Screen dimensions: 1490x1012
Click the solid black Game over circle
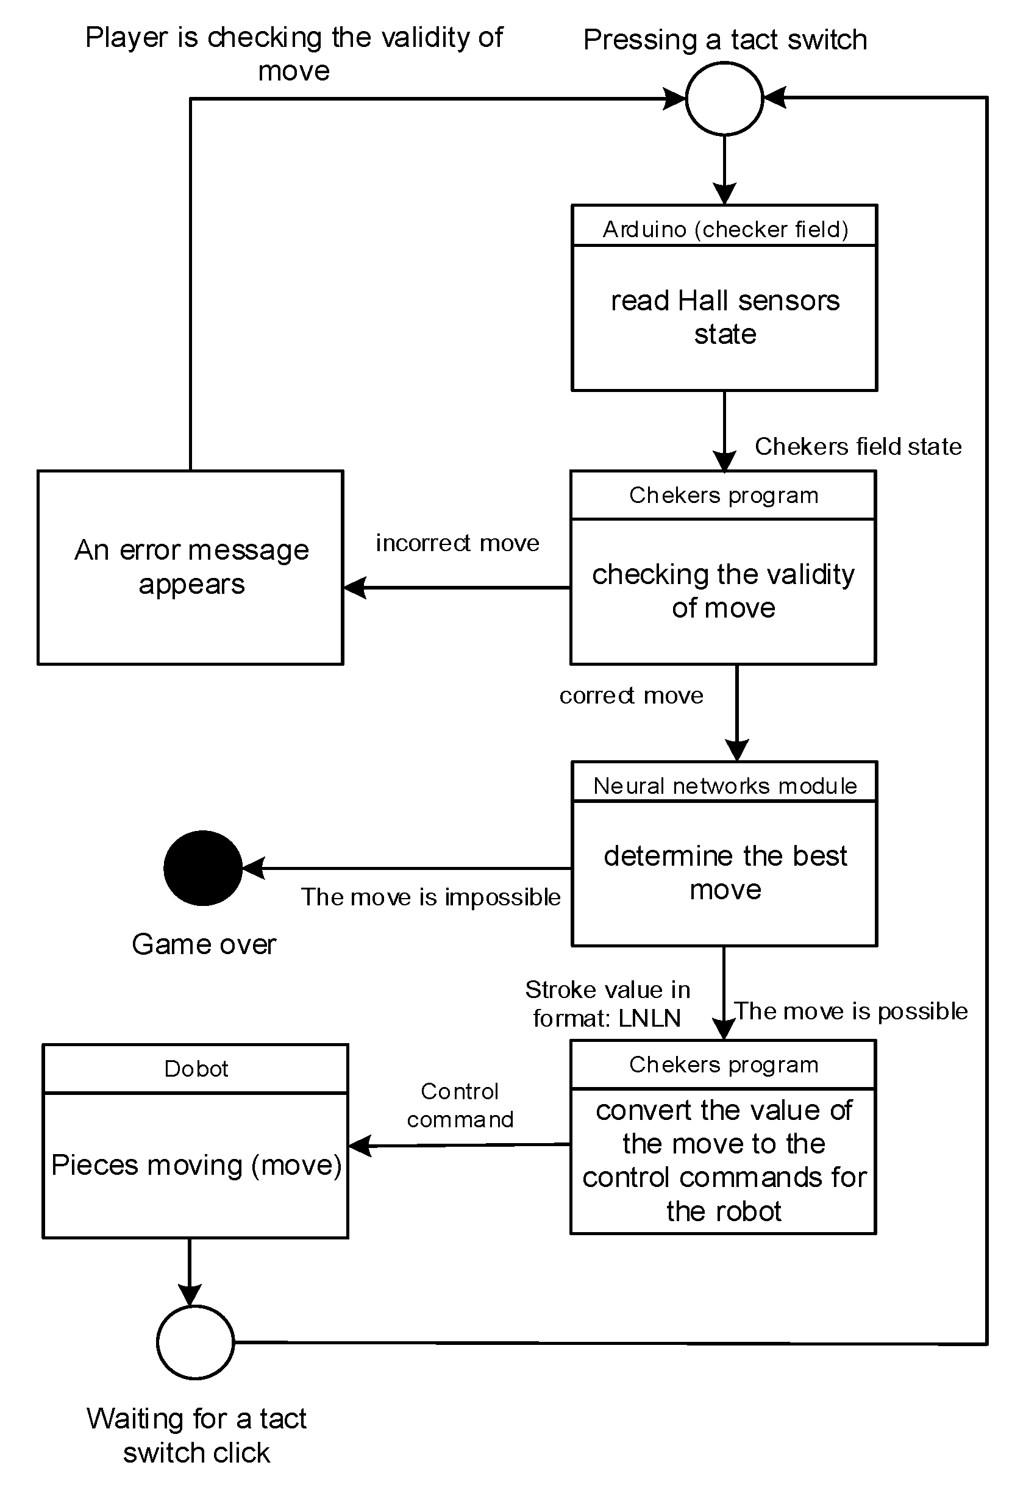pyautogui.click(x=202, y=868)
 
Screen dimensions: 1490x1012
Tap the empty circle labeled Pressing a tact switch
pyautogui.click(x=724, y=99)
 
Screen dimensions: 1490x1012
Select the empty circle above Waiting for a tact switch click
pyautogui.click(x=195, y=1342)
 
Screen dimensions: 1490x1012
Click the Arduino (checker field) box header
pyautogui.click(x=725, y=229)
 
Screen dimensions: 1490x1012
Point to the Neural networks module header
pyautogui.click(x=725, y=785)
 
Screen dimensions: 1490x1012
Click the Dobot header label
pyautogui.click(x=196, y=1069)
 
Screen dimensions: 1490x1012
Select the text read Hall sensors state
pyautogui.click(x=725, y=317)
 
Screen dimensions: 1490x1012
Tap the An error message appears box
pyautogui.click(x=190, y=567)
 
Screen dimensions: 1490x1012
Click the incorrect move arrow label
pyautogui.click(x=457, y=543)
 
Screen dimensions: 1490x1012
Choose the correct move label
pyautogui.click(x=631, y=696)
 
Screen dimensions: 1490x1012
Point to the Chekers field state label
pyautogui.click(x=857, y=446)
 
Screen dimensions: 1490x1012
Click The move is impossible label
pyautogui.click(x=430, y=897)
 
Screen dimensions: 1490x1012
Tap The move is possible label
pyautogui.click(x=850, y=1011)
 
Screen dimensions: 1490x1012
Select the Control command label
pyautogui.click(x=460, y=1105)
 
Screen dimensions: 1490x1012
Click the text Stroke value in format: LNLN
pyautogui.click(x=607, y=1003)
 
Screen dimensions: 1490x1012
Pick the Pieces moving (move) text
pyautogui.click(x=196, y=1165)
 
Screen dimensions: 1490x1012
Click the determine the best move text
pyautogui.click(x=725, y=872)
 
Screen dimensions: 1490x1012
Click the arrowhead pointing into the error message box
pyautogui.click(x=355, y=587)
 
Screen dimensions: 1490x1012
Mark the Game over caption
pyautogui.click(x=203, y=944)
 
